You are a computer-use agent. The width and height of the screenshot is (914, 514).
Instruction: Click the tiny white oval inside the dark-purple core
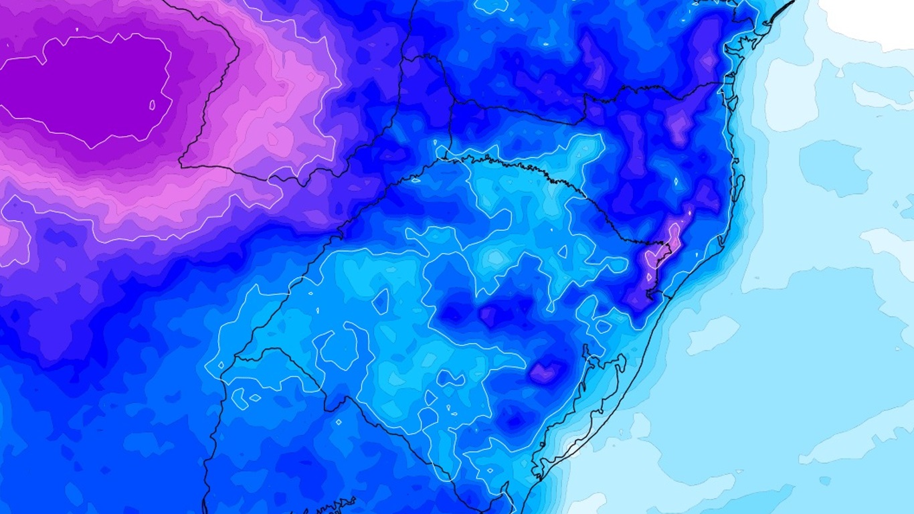coord(152,105)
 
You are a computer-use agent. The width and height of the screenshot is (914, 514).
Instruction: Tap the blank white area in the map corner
coord(870,20)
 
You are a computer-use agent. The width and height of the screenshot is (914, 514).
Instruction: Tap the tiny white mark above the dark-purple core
coord(76,29)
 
